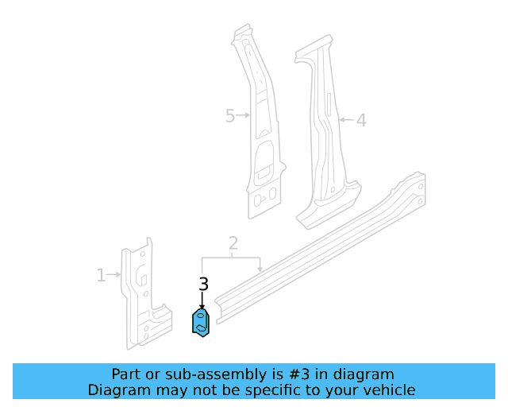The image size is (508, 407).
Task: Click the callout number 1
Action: (x=101, y=276)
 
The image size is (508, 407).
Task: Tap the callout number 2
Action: (x=233, y=242)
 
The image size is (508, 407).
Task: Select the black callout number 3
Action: (x=203, y=284)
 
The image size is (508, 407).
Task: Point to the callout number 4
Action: (x=360, y=121)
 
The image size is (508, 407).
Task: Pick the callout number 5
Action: (x=230, y=116)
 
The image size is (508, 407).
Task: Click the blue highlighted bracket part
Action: (x=202, y=323)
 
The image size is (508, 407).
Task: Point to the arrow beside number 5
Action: (x=244, y=116)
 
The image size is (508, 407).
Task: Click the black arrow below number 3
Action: (x=202, y=300)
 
